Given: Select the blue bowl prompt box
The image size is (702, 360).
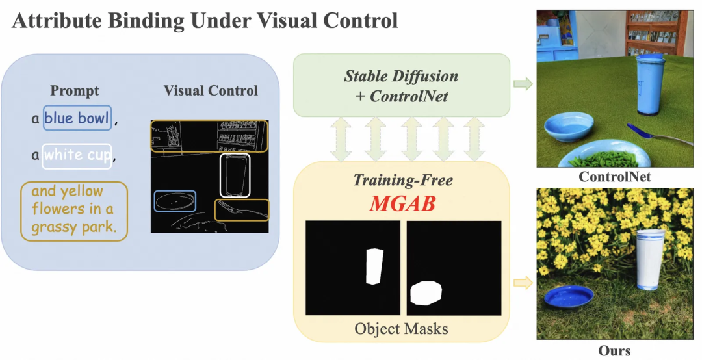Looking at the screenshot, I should click(77, 118).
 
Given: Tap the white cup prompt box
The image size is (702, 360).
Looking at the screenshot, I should click(77, 155).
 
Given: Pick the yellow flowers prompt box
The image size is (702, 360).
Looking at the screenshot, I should click(73, 209).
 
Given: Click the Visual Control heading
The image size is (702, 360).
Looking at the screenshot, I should click(211, 90).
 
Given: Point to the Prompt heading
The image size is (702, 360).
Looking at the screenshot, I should click(75, 91).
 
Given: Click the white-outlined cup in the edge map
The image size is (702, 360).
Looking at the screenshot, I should click(235, 175).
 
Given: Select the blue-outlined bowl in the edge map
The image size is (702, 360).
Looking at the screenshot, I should click(175, 201).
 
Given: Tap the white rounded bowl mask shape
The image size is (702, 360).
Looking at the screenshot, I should click(426, 293).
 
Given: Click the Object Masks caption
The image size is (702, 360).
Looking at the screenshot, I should click(401, 328).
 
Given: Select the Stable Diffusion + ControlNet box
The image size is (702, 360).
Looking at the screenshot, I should click(401, 86).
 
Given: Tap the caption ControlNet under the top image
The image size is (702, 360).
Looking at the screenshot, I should click(614, 176).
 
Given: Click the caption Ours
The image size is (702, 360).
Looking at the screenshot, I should click(614, 351).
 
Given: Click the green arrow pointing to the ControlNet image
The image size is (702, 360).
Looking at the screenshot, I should click(522, 84).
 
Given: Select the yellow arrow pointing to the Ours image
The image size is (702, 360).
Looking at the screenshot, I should click(522, 282).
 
